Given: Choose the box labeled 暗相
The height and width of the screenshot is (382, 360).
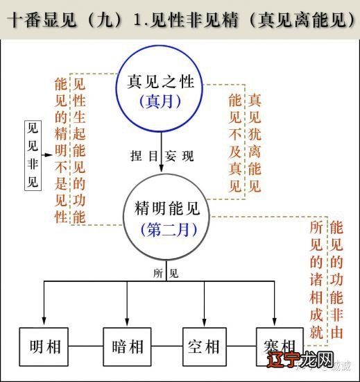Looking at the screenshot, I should click(x=126, y=346).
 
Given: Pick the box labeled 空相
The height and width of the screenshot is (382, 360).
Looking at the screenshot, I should click(x=204, y=346).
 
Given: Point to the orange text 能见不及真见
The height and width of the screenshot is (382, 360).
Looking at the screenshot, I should click(x=235, y=143).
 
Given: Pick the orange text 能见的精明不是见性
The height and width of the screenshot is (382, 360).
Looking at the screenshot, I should click(x=61, y=150).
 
